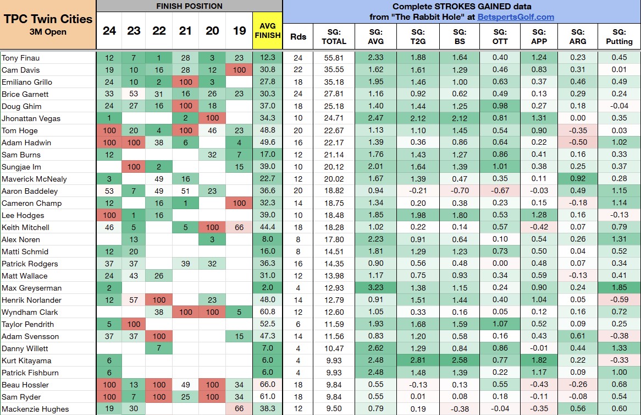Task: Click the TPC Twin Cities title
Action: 48,19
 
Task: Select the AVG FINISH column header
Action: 268,30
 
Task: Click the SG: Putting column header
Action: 619,37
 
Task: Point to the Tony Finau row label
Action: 21,58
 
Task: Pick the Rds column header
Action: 298,37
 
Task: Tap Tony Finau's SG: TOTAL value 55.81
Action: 334,58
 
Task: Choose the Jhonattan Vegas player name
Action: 31,118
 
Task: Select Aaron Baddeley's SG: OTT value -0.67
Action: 500,191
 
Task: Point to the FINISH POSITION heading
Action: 189,6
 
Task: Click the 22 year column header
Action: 159,30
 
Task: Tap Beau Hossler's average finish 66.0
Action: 268,385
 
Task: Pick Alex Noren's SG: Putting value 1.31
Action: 619,239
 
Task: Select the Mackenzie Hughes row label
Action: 35,409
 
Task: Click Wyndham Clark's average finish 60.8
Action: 268,312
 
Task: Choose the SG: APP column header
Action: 539,37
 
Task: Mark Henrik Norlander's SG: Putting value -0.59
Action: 619,300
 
